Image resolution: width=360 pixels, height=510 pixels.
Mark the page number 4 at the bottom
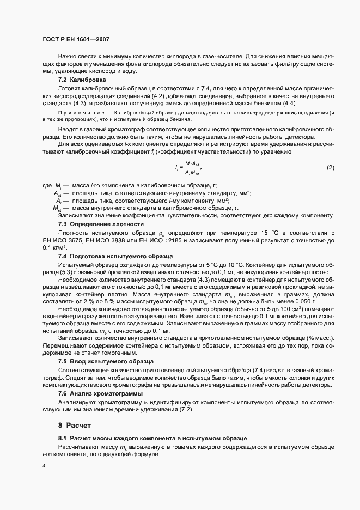(x=44, y=466)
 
